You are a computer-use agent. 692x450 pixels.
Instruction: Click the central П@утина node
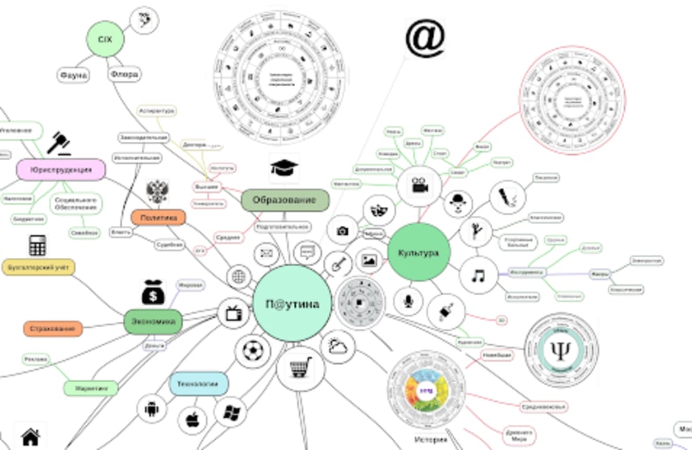point(292,303)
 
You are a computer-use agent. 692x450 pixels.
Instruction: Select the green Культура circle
point(419,252)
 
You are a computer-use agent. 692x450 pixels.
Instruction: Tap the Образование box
point(285,200)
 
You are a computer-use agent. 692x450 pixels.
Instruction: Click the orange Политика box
point(158,217)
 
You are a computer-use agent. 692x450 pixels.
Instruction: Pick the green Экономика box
point(153,321)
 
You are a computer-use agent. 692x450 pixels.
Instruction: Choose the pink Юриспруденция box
point(61,170)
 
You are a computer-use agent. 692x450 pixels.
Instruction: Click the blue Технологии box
point(198,384)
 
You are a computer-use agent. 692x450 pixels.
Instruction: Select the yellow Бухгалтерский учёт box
point(38,267)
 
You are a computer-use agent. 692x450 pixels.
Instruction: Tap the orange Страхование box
point(53,329)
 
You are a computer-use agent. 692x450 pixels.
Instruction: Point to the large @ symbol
point(425,38)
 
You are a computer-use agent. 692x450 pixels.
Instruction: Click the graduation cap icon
point(284,167)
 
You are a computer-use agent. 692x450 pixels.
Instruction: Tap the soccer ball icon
point(252,351)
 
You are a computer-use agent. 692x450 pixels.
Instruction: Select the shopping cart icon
point(301,369)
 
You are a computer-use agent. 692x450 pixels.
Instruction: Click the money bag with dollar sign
point(153,292)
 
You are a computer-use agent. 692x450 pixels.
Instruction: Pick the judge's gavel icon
point(60,143)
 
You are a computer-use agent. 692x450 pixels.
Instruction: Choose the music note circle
point(478,276)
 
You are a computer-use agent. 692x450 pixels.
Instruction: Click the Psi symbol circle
point(560,350)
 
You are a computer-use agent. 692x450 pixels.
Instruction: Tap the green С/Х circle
point(105,40)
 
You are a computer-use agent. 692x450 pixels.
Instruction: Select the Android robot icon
point(151,409)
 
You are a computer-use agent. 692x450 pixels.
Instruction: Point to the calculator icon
point(37,245)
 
